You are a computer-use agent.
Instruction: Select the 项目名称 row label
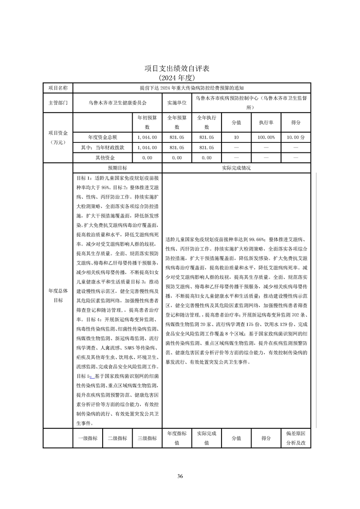click(58, 88)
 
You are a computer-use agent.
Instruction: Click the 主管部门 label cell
click(58, 103)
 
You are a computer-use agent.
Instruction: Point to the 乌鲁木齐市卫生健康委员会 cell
click(117, 103)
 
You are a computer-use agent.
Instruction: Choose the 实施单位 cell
click(177, 103)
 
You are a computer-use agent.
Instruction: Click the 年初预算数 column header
click(147, 122)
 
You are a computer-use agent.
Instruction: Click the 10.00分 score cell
click(296, 137)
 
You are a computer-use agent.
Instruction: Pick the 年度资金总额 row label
click(103, 137)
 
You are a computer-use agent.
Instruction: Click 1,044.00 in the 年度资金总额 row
click(147, 137)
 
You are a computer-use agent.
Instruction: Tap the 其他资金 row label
click(103, 158)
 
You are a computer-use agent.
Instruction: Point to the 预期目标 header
click(117, 168)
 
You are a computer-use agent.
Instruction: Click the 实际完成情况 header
click(236, 168)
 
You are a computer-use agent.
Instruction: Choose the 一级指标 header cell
click(88, 438)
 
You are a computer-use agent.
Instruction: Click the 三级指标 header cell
click(147, 438)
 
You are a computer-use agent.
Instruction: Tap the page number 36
click(180, 476)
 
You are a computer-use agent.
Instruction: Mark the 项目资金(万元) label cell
click(58, 137)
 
